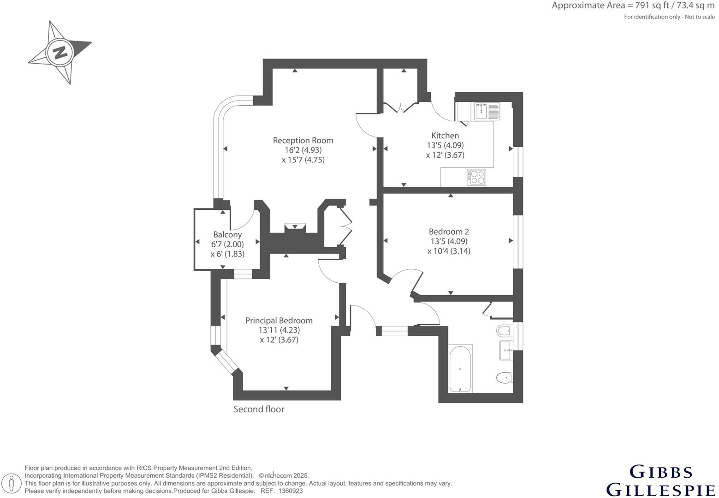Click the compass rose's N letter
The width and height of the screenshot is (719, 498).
point(59,53)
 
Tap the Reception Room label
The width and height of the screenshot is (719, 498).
point(303,140)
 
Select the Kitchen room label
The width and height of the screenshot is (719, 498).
point(445,136)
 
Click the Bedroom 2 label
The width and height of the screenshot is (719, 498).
point(449,231)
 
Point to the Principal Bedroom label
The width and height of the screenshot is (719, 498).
point(279,320)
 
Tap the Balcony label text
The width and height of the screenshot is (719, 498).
point(227,235)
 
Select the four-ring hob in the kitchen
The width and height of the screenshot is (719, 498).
point(476,177)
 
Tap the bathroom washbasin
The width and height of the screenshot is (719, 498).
point(505,350)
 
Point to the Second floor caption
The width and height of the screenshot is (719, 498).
point(259,409)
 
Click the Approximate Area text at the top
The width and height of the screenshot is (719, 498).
point(633,6)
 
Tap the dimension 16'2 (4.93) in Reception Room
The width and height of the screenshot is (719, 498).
point(303,150)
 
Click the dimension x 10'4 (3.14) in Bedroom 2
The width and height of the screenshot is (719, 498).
point(449,251)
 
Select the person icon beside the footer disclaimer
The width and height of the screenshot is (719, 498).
point(12,484)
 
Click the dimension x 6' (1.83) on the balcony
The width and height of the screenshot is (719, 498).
point(227,254)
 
